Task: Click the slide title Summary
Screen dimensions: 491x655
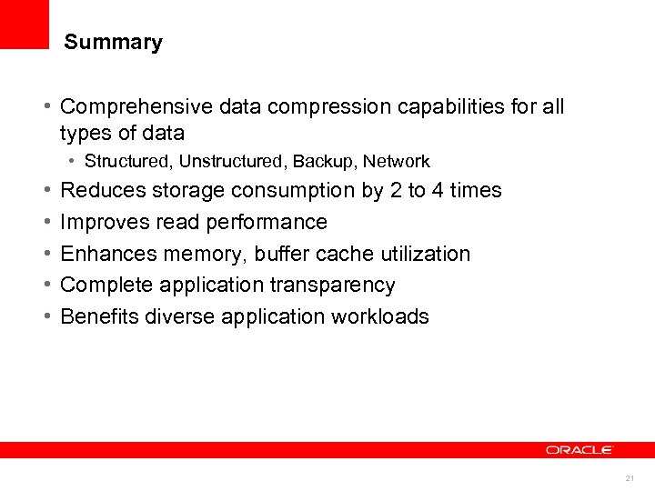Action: [114, 43]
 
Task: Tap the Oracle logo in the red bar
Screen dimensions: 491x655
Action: [579, 450]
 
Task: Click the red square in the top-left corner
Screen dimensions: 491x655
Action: [25, 24]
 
